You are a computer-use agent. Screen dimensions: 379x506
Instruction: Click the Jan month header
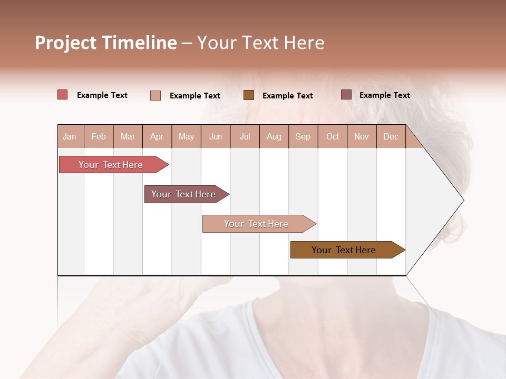click(x=70, y=136)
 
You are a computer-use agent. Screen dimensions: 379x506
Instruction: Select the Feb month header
click(x=99, y=136)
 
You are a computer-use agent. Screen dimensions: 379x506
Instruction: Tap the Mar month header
click(x=128, y=136)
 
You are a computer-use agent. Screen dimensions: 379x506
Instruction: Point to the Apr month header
click(x=157, y=136)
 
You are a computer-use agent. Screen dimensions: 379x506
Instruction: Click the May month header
click(x=186, y=136)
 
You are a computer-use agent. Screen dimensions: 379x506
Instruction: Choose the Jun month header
click(x=216, y=136)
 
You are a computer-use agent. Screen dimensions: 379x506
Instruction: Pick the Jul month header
click(x=245, y=136)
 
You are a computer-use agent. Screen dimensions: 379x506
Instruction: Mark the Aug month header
click(x=274, y=136)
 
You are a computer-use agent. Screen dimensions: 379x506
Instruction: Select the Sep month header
click(x=303, y=136)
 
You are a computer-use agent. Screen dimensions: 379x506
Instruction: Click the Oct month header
click(x=333, y=136)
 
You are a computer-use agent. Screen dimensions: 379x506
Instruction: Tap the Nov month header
click(x=362, y=136)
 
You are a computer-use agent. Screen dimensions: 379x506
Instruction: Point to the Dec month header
click(x=391, y=136)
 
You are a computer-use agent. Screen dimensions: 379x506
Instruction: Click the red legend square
click(x=63, y=95)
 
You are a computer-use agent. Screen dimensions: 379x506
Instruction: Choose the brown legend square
click(x=249, y=95)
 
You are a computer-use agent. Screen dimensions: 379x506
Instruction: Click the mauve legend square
click(x=346, y=95)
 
